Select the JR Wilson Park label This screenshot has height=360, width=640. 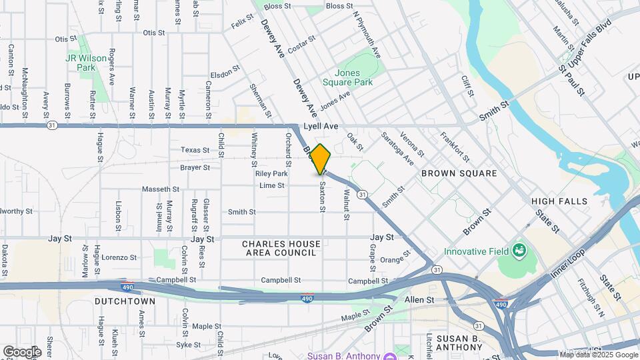coord(85,63)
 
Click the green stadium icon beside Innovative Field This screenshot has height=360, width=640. coord(519,251)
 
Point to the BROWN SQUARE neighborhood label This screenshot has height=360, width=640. coord(459,173)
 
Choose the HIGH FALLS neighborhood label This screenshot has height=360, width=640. coord(559,201)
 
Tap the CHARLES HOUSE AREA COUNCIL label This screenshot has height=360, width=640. coord(279,249)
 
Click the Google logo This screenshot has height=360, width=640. coord(22,351)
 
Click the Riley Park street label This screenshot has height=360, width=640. coord(271,173)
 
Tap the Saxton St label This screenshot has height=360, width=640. coord(322,197)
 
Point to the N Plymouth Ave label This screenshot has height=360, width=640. coord(366,33)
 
